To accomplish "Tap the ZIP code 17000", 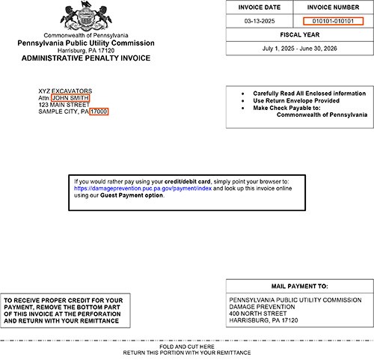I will (99, 112).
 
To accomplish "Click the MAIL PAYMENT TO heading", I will (300, 286).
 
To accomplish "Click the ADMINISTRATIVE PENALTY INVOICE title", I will (86, 58).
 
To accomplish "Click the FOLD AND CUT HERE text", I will (187, 347).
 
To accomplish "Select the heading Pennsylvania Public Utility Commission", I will (86, 43).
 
